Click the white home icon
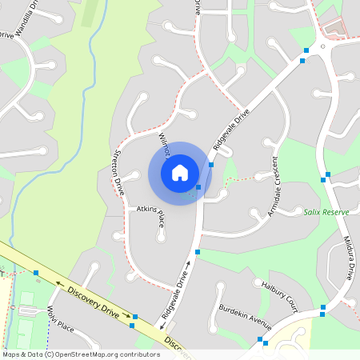click(x=180, y=172)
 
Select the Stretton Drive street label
click(x=117, y=172)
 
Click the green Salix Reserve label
click(x=326, y=212)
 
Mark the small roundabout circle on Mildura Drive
click(x=323, y=46)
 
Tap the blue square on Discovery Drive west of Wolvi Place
click(x=36, y=273)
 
